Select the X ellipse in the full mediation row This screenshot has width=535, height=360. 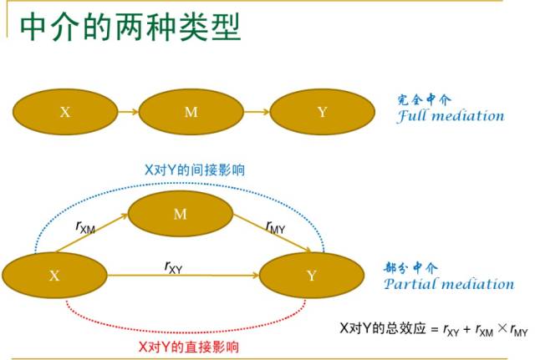64,112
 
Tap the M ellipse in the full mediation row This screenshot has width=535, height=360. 191,112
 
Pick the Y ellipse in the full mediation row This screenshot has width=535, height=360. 322,112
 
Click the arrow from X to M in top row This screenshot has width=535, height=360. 127,112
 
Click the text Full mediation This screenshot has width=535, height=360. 451,116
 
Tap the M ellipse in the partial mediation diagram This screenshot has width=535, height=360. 180,214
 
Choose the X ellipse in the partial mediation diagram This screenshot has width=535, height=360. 54,275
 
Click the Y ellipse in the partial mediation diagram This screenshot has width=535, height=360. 312,275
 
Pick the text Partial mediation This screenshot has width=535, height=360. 449,284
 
